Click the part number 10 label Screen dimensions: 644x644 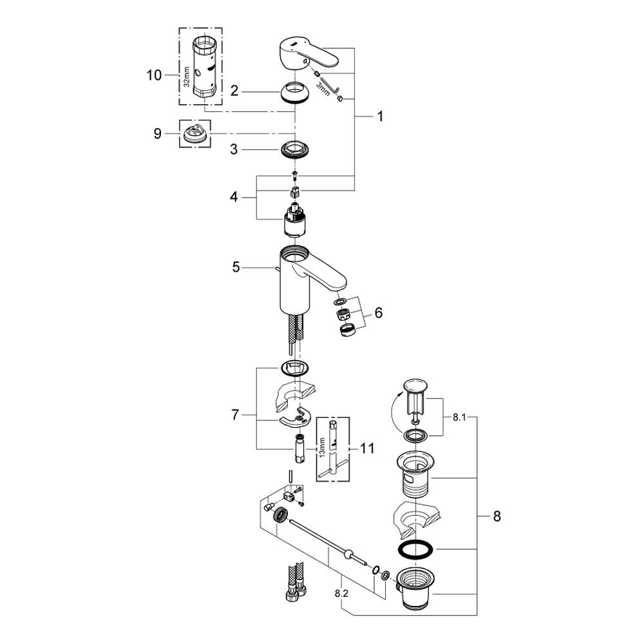pyautogui.click(x=154, y=75)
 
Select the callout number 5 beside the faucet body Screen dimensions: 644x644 pyautogui.click(x=236, y=266)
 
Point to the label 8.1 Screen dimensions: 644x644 pyautogui.click(x=459, y=417)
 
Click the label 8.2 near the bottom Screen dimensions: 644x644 pyautogui.click(x=341, y=593)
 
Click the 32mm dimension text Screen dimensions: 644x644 pyautogui.click(x=185, y=76)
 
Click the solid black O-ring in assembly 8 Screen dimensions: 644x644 pyautogui.click(x=415, y=549)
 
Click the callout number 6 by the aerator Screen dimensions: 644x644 pyautogui.click(x=378, y=312)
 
